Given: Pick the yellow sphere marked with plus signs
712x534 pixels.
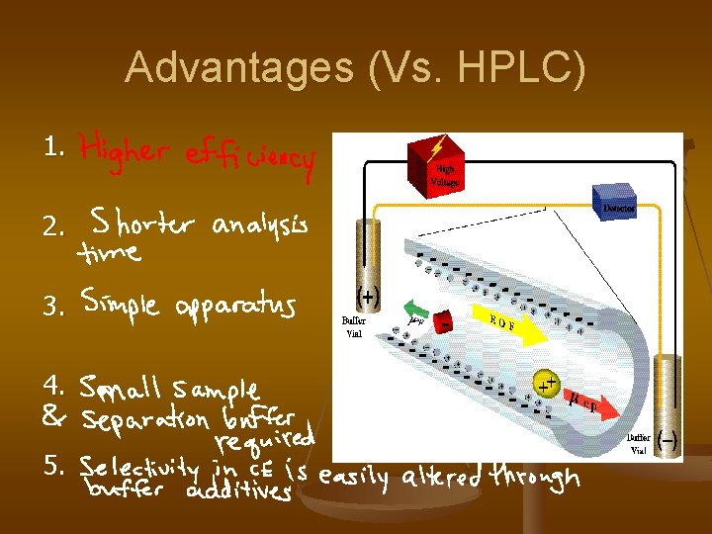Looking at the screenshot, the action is tap(545, 383).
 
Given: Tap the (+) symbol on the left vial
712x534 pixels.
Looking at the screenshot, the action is tap(368, 297).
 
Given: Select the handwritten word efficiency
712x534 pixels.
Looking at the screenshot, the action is tap(249, 158).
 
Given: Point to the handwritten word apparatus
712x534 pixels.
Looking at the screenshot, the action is tap(236, 308).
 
